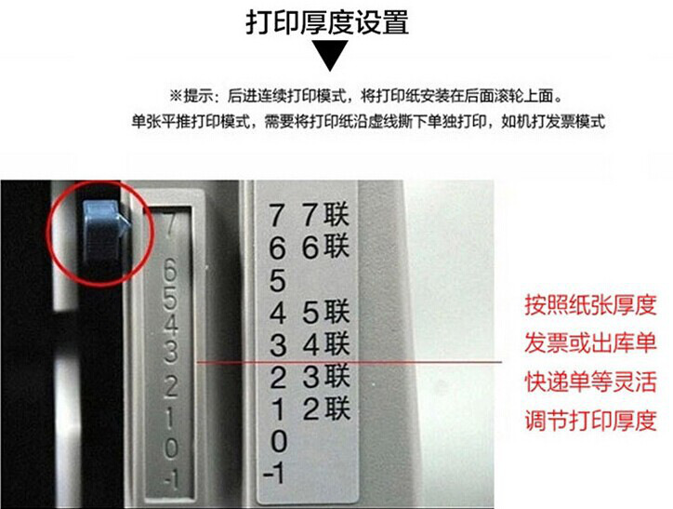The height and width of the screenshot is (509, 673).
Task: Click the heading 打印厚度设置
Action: (x=327, y=21)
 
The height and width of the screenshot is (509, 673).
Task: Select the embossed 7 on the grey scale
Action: (x=170, y=224)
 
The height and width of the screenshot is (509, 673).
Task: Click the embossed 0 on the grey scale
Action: (x=171, y=448)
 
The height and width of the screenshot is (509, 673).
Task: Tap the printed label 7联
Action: (x=325, y=214)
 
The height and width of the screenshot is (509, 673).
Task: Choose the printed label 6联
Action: (x=325, y=247)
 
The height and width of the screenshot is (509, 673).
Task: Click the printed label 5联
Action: (x=325, y=312)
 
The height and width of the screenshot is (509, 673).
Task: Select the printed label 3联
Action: (x=325, y=376)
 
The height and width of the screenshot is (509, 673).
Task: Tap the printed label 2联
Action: (x=325, y=409)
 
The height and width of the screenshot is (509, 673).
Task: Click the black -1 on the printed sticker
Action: (x=274, y=474)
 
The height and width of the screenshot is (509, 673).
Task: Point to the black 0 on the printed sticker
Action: (x=278, y=441)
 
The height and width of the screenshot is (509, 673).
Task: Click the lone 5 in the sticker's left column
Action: (x=278, y=280)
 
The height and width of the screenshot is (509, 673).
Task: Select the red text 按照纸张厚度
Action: (x=590, y=304)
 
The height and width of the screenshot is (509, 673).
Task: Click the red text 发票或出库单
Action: (x=590, y=342)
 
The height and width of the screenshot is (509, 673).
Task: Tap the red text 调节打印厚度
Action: (x=590, y=420)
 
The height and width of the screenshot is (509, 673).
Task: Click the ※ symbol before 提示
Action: (x=176, y=95)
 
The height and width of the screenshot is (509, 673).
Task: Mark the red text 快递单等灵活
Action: (x=590, y=382)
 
